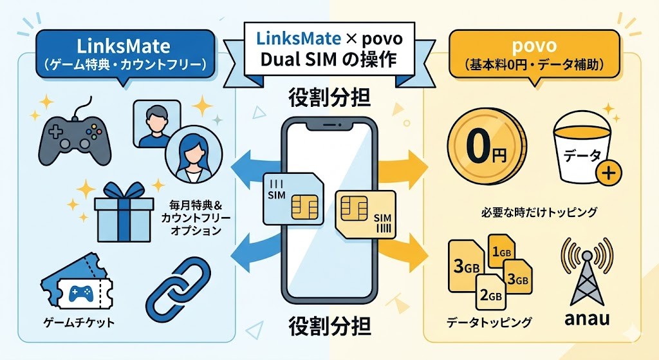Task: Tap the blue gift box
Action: click(124, 212)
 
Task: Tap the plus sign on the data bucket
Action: click(609, 173)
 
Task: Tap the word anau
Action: click(586, 318)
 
